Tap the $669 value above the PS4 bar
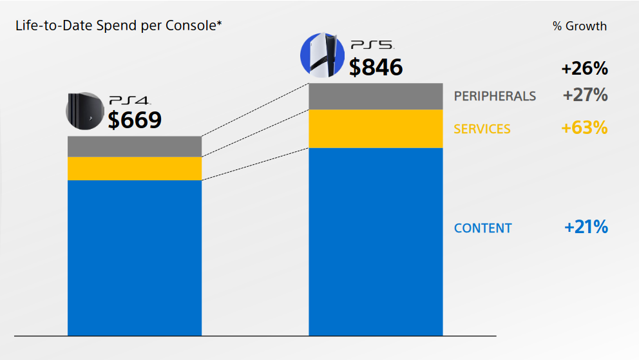134,120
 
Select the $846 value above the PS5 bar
376,67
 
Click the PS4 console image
85,109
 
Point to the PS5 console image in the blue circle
322,55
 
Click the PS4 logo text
129,100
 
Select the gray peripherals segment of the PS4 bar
135,146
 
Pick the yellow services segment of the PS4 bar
135,168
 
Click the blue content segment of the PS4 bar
135,258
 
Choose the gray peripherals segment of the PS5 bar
376,96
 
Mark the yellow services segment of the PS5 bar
376,129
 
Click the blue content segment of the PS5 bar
376,242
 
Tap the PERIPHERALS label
495,96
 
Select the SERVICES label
482,129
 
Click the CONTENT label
482,228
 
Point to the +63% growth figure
584,128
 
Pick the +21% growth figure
586,227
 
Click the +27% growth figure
585,95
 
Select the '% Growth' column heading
579,26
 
